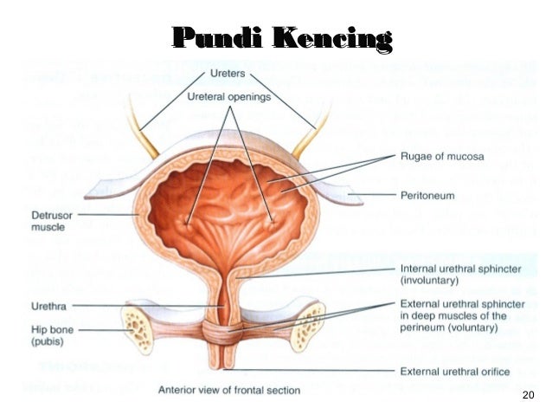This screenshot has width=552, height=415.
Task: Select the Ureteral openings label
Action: pos(229,97)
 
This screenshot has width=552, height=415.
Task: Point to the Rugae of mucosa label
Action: pos(442,156)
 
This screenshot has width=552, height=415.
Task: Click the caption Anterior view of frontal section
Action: pos(229,391)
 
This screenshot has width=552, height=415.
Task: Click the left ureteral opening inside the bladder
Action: pos(186,224)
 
